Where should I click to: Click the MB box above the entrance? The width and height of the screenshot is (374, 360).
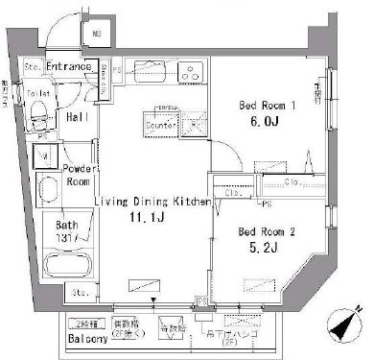96,36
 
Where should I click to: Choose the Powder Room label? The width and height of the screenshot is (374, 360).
76,176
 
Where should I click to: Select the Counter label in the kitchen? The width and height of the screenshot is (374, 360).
164,126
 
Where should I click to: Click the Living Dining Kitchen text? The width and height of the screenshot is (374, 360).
152,201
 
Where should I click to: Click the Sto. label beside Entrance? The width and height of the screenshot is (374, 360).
32,68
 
